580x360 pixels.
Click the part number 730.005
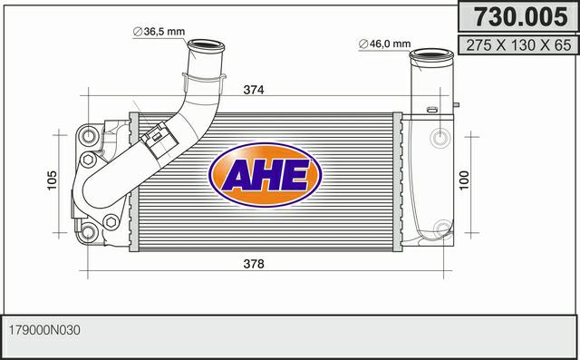521,17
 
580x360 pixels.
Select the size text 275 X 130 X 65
518,45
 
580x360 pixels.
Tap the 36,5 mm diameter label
159,32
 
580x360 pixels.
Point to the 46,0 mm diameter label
384,44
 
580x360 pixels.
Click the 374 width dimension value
254,90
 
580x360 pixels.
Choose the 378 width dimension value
254,264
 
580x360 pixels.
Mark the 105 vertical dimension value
53,180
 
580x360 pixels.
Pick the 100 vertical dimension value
464,180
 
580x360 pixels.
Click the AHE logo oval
265,175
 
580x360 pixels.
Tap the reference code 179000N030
44,330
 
